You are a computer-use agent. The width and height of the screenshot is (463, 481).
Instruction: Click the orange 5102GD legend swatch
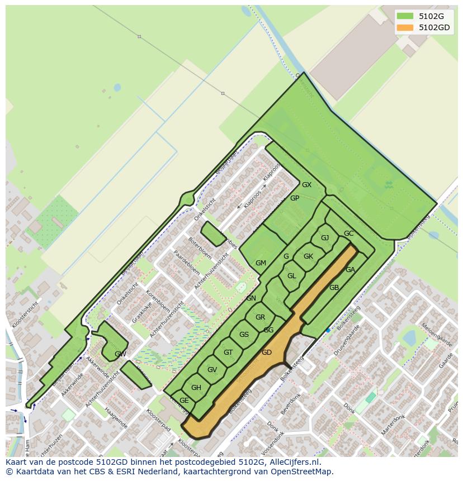pyautogui.click(x=405, y=27)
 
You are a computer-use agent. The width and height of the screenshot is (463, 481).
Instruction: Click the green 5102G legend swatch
pyautogui.click(x=405, y=16)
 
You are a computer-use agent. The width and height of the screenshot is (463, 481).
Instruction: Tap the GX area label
pyautogui.click(x=306, y=185)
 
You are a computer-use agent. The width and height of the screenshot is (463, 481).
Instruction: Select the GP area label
pyautogui.click(x=295, y=198)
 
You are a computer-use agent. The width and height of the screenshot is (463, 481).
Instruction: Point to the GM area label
pyautogui.click(x=261, y=263)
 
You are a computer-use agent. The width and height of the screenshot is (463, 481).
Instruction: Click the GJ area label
pyautogui.click(x=325, y=238)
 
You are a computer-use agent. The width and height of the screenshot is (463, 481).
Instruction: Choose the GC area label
pyautogui.click(x=348, y=234)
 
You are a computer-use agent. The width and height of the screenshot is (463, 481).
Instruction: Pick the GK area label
pyautogui.click(x=308, y=256)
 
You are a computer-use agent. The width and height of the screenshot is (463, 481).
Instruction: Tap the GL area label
pyautogui.click(x=291, y=276)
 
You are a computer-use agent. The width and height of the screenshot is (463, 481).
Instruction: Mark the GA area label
pyautogui.click(x=350, y=270)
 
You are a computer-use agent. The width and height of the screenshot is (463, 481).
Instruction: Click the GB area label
pyautogui.click(x=334, y=288)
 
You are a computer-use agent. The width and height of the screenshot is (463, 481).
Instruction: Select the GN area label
pyautogui.click(x=251, y=298)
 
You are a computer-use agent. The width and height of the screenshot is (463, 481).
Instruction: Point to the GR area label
pyautogui.click(x=260, y=317)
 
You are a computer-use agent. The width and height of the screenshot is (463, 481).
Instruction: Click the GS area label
pyautogui.click(x=244, y=335)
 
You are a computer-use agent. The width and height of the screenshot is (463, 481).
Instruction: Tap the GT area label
pyautogui.click(x=228, y=353)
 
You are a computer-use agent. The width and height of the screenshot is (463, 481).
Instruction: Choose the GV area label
pyautogui.click(x=212, y=370)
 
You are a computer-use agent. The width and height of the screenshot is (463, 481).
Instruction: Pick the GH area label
pyautogui.click(x=196, y=388)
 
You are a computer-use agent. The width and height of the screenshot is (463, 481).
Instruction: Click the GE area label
pyautogui.click(x=184, y=401)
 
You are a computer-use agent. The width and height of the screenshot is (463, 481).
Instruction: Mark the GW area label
pyautogui.click(x=120, y=354)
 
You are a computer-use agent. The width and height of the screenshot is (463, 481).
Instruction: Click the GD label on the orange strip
pyautogui.click(x=267, y=353)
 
